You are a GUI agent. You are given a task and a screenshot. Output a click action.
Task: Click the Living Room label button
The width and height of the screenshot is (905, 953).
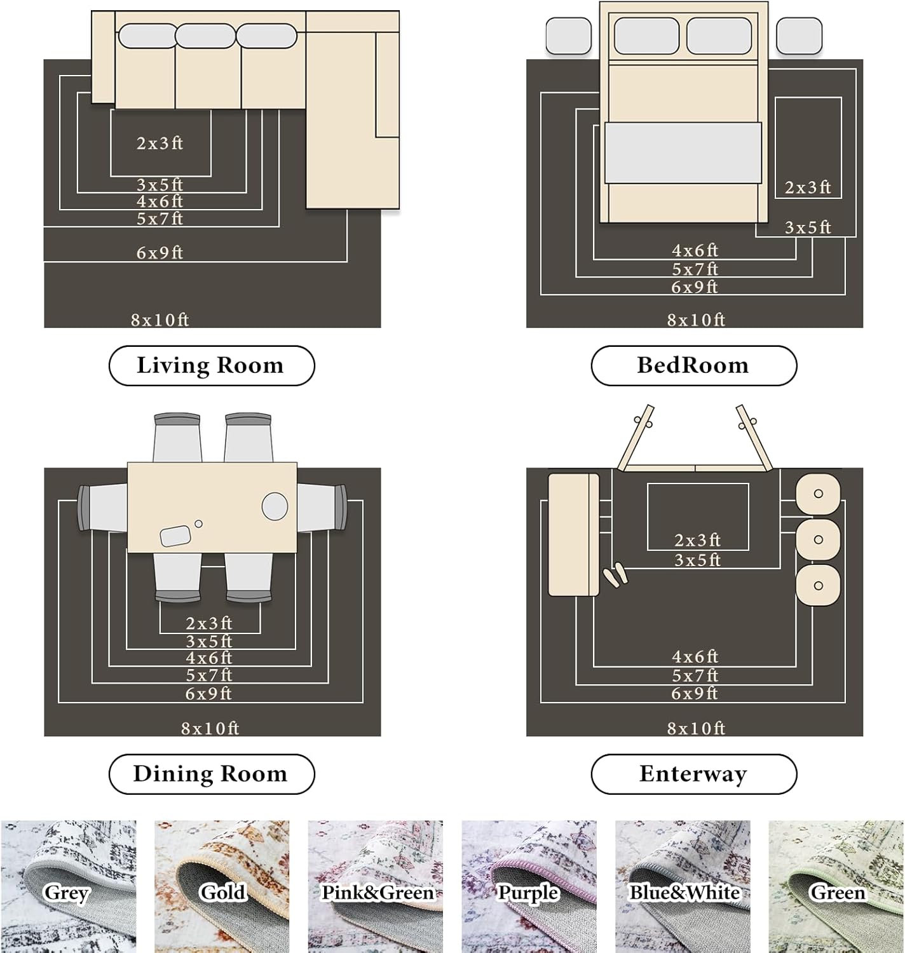[212, 365]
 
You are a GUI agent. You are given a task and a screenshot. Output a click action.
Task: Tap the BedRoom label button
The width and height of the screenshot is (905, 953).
[693, 365]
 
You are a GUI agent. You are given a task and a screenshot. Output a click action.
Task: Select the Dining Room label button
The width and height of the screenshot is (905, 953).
[212, 774]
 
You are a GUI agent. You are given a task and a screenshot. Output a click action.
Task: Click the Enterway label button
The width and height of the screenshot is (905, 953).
[693, 774]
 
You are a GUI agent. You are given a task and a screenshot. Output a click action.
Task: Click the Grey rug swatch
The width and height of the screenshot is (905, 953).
[68, 886]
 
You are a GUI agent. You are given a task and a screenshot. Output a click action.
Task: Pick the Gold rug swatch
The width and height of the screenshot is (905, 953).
[222, 886]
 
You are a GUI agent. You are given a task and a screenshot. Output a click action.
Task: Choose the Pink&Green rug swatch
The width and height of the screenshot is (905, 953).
[376, 886]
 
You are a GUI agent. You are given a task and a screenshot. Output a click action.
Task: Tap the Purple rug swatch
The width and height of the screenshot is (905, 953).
[529, 886]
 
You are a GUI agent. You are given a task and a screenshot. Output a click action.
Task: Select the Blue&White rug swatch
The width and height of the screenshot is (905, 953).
[683, 886]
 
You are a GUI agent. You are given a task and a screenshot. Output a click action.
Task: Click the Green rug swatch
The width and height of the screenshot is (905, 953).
[836, 886]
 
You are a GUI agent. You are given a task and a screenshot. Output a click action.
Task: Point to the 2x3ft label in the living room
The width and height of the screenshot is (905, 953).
[160, 143]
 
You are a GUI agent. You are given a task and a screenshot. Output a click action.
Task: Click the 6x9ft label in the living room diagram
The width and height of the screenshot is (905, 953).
[160, 253]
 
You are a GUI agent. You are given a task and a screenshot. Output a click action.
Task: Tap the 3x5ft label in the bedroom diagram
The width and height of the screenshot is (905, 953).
[808, 227]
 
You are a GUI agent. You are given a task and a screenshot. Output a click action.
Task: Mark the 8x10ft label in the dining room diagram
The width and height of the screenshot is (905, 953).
[210, 728]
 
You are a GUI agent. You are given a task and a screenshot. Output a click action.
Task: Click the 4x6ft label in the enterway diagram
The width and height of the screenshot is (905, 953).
[695, 656]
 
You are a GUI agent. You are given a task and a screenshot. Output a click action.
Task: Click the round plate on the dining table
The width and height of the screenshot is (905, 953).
[275, 506]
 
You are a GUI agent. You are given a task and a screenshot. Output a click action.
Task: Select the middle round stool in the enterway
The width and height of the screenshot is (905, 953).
[818, 539]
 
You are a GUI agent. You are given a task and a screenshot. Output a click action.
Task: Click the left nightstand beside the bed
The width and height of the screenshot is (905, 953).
[568, 36]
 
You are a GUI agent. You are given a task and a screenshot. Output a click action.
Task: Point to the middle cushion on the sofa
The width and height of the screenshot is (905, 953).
[205, 36]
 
